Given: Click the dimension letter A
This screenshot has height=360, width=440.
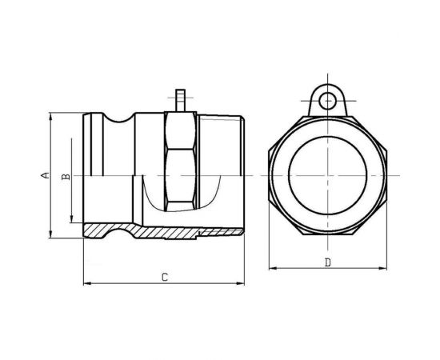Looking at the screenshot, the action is click(45, 175).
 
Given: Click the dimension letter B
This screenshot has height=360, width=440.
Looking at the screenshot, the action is click(66, 177).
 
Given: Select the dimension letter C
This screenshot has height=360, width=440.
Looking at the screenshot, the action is click(165, 278).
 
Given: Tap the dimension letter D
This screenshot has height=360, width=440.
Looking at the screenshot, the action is click(327, 262).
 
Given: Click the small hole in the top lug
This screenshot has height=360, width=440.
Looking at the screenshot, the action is click(327, 101).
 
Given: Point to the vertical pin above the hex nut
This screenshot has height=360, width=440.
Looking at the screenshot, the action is click(180, 101).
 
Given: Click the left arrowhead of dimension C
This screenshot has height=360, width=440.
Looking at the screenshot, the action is click(87, 284).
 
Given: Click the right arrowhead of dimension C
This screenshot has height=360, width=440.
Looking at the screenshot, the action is click(241, 284).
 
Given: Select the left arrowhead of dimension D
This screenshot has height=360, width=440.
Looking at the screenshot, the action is click(273, 268).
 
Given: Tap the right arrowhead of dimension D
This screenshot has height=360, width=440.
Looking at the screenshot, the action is click(383, 268).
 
